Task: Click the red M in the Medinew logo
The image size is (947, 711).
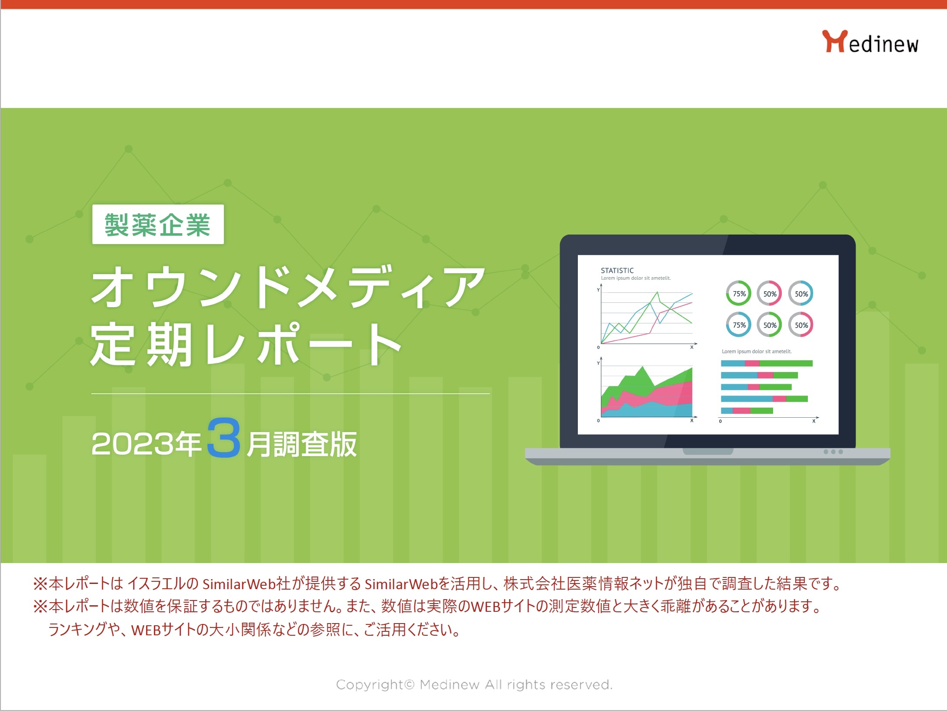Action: [x=834, y=41]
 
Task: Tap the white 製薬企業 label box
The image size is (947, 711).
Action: [x=158, y=225]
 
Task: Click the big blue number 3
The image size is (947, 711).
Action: [x=223, y=438]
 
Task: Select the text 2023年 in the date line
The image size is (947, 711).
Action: [x=146, y=444]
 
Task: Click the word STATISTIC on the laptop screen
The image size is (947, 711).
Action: [x=617, y=270]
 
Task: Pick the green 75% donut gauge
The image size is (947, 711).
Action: [x=738, y=294]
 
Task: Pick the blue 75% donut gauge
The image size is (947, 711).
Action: [x=738, y=325]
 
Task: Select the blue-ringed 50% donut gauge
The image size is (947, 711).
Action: [x=801, y=294]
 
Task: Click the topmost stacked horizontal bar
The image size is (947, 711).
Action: [x=766, y=363]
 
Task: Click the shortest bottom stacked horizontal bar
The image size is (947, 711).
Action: [x=747, y=410]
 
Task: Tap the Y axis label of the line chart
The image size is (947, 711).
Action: [x=598, y=290]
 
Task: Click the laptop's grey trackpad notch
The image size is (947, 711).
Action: [x=707, y=451]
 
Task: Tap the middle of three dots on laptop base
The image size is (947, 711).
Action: [x=833, y=452]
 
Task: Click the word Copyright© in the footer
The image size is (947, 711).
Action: [x=375, y=684]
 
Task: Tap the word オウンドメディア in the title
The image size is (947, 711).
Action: [x=287, y=287]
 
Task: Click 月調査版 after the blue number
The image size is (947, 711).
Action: [x=302, y=444]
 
